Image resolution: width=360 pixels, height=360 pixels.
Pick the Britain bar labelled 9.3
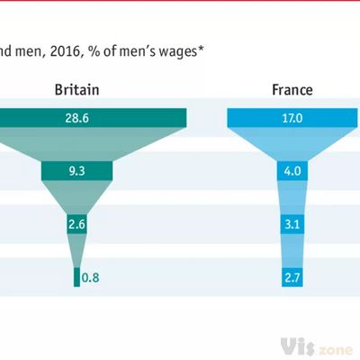pos(76,171)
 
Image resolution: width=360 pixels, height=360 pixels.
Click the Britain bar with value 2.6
pos(76,224)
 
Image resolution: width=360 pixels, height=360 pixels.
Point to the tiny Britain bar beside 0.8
pos(76,277)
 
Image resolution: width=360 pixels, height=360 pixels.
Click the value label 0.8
pos(91,277)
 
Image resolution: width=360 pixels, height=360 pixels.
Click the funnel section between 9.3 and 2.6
pos(76,198)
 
